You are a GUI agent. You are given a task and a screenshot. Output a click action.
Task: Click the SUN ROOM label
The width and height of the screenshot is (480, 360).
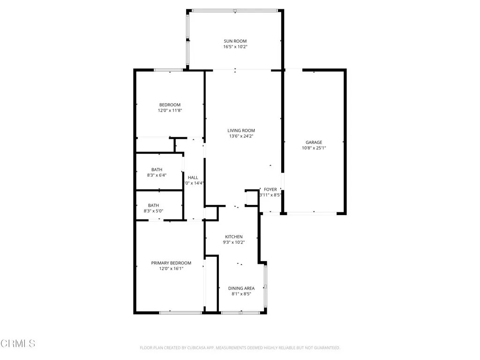coord(235,41)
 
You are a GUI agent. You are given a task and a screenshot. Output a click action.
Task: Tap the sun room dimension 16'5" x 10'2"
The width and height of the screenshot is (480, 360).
coord(235,47)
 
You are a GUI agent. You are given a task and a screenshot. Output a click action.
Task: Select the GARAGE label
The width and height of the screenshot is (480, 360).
coord(314,142)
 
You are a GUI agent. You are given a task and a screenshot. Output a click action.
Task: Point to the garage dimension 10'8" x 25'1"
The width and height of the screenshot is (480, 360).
coord(314,148)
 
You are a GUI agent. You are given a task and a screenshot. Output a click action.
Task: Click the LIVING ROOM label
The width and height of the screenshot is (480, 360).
coord(241,131)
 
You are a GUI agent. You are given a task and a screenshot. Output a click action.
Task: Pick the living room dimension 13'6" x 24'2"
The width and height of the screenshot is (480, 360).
coord(241,136)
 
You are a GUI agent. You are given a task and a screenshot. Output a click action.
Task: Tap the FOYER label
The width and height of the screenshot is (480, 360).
coord(270,189)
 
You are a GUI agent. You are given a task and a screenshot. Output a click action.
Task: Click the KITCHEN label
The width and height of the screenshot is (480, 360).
coord(233,237)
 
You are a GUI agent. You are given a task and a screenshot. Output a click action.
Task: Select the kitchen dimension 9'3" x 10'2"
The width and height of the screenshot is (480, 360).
coord(233,242)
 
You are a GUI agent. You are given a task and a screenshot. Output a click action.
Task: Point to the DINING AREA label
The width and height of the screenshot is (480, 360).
coord(241,288)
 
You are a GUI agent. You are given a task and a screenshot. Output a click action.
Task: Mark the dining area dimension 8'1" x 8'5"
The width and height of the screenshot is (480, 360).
coord(241,294)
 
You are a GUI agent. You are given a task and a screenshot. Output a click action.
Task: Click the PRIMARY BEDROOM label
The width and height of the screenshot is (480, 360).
coord(171,263)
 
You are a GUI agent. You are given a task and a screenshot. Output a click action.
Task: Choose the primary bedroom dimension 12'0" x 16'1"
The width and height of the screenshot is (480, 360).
coord(171,269)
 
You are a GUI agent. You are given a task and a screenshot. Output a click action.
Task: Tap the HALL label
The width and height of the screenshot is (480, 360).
coord(193,178)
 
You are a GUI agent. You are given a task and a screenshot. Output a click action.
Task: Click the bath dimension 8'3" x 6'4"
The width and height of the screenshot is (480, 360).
coord(157,175)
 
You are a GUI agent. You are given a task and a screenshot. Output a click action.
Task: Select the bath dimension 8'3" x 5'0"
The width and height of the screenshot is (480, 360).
coord(153,211)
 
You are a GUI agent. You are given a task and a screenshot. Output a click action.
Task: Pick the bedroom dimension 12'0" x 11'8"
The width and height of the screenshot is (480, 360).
coord(170,111)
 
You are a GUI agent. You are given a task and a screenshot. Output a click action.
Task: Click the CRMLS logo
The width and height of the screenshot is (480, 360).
coord(18,344)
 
